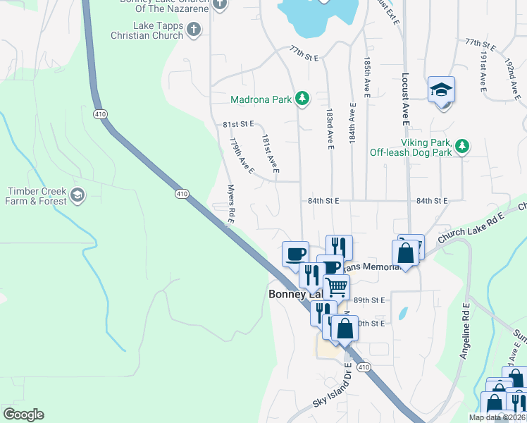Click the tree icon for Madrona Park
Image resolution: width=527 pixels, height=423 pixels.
302,99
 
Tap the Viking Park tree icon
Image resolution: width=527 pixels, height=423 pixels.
461,146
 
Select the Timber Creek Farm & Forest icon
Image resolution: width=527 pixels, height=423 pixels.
77,195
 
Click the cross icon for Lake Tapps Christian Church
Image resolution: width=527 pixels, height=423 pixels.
194,30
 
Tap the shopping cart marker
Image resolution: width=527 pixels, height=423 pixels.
337,287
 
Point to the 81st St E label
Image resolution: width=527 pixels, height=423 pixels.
237,123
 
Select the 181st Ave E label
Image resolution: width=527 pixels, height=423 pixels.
271,154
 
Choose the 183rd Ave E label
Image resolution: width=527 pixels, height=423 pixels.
329,128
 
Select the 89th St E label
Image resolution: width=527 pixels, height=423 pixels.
369,300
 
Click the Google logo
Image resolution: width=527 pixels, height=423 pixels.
23,415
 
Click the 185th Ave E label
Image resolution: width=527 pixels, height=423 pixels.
367,78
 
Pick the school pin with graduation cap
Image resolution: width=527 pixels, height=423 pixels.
441,90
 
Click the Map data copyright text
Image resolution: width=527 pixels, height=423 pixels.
497,417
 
